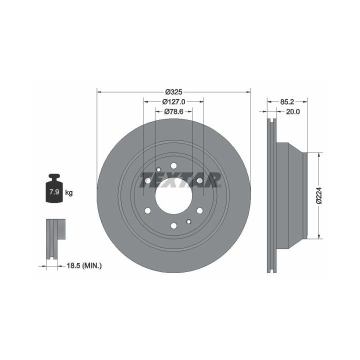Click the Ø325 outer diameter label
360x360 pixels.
click(x=174, y=92)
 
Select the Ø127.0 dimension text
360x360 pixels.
click(x=174, y=101)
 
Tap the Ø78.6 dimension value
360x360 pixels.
click(x=174, y=112)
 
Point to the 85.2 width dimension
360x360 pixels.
click(x=287, y=101)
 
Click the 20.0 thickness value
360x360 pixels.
click(x=293, y=112)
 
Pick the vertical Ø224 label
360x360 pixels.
click(x=319, y=195)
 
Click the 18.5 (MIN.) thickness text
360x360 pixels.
click(x=84, y=266)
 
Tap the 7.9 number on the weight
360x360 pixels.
click(x=54, y=192)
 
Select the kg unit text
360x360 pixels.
click(x=69, y=193)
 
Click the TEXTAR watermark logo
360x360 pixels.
click(x=180, y=180)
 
